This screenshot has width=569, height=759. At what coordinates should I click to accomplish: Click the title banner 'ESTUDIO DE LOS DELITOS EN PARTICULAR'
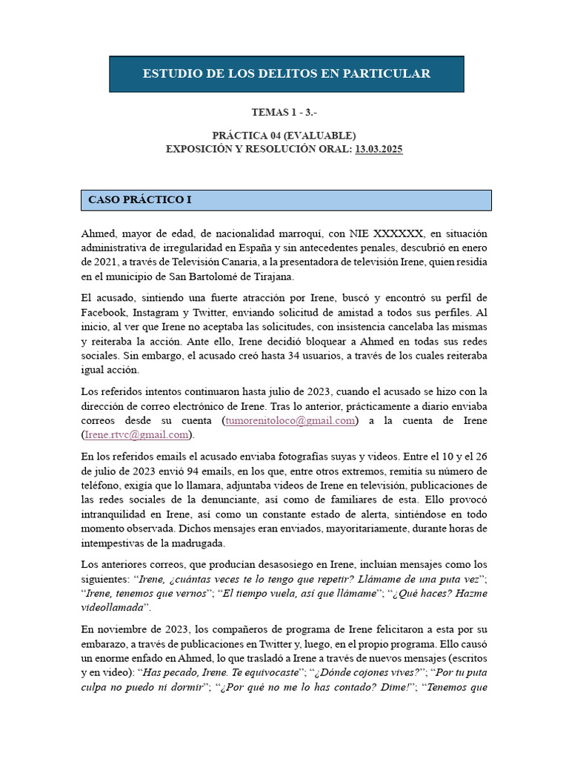(x=286, y=73)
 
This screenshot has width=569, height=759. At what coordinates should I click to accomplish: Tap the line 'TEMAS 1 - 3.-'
(x=284, y=113)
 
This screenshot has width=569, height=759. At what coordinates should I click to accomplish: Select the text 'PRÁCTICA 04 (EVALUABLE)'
(x=284, y=136)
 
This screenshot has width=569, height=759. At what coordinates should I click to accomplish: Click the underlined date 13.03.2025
(x=379, y=149)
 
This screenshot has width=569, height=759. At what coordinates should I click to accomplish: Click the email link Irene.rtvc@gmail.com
(x=135, y=434)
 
